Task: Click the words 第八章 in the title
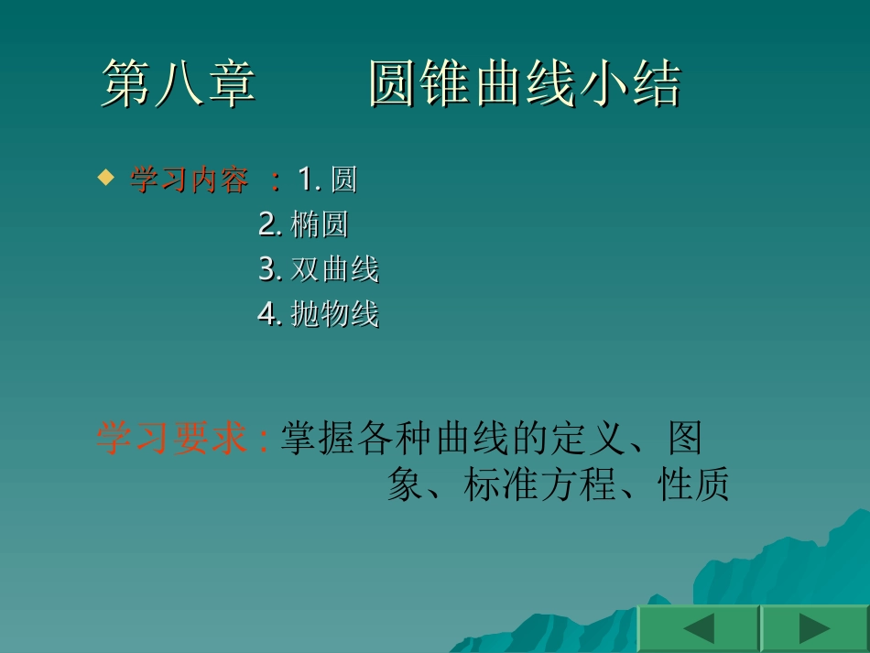[178, 85]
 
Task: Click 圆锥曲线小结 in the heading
[525, 85]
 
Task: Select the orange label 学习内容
[189, 180]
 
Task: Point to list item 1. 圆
[327, 180]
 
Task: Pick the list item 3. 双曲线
[318, 269]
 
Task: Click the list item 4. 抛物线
[318, 314]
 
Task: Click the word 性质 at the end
[693, 485]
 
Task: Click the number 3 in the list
[267, 269]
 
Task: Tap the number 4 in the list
[267, 314]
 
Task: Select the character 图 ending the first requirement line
[684, 439]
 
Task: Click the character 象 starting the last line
[405, 485]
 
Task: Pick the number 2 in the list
[267, 224]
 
